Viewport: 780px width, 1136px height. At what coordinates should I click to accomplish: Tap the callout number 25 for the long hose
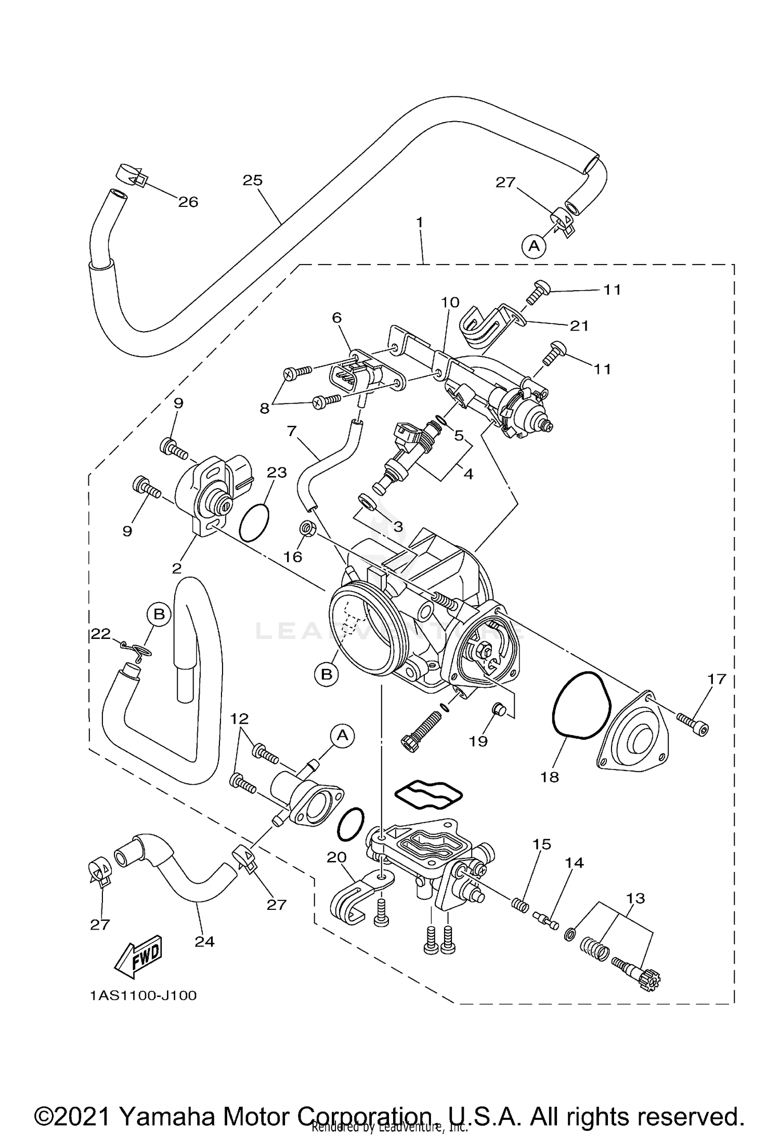(x=253, y=180)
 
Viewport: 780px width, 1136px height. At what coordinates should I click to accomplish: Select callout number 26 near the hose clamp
(x=188, y=202)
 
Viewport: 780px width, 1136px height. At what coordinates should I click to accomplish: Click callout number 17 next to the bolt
(x=716, y=679)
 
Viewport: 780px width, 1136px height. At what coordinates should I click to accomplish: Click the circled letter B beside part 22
(x=159, y=614)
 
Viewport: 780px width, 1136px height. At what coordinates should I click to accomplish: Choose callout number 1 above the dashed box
(x=419, y=222)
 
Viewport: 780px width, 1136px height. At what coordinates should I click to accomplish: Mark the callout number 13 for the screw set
(x=635, y=898)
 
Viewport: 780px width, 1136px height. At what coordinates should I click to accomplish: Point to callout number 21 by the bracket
(x=579, y=325)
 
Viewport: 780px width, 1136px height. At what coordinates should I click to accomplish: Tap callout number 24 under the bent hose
(x=204, y=942)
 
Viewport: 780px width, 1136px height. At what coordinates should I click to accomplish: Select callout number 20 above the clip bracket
(x=336, y=857)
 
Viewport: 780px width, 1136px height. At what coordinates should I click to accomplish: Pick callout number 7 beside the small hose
(x=291, y=431)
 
